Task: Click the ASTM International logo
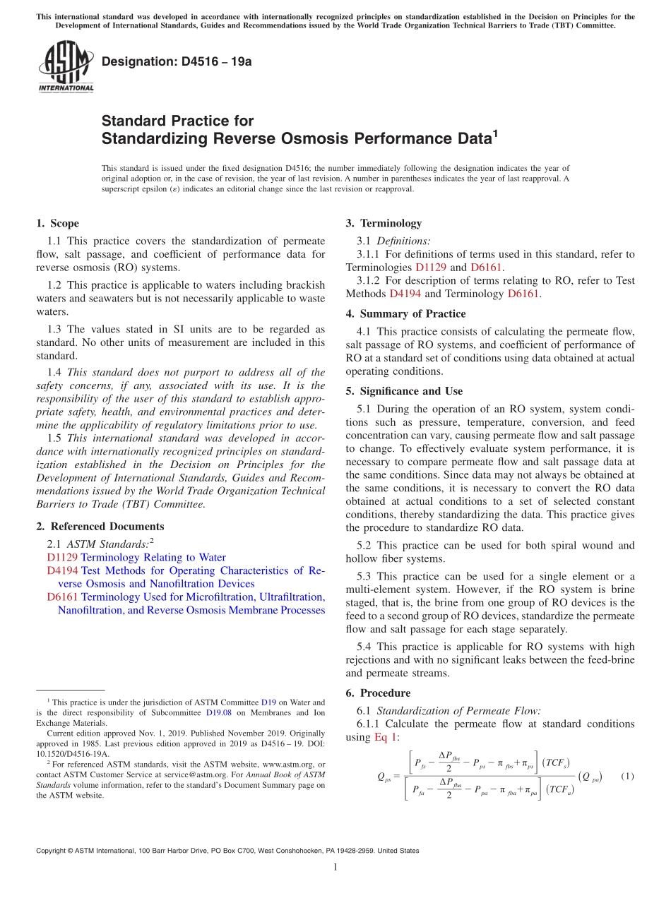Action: coord(65,66)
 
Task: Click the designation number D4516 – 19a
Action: coord(177,61)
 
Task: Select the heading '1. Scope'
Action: coord(57,224)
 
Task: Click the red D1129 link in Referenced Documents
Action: coord(62,558)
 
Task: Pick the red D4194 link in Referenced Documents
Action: coord(62,570)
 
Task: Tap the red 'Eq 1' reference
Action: coord(386,737)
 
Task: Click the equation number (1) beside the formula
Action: coord(627,777)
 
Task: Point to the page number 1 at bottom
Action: coord(335,868)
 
